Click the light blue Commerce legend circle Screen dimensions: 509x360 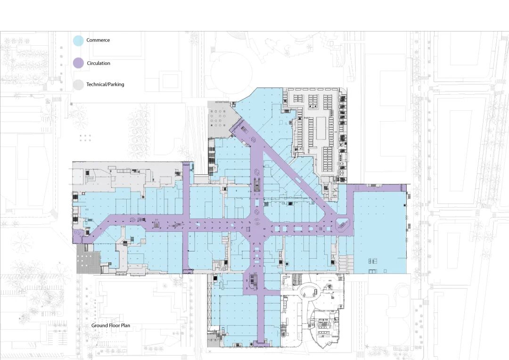click(x=78, y=41)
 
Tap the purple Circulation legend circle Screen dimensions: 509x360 click(x=78, y=63)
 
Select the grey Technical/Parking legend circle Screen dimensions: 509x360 click(x=78, y=85)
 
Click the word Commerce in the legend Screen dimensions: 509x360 click(x=98, y=40)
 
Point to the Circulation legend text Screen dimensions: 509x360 click(x=99, y=63)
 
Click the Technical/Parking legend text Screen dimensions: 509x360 click(x=105, y=84)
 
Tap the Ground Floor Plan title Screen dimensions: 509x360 click(x=111, y=325)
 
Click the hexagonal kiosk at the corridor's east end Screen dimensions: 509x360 click(x=342, y=224)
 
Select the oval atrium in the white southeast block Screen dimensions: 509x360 click(x=308, y=290)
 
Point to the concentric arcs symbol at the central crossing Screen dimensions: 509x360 click(x=257, y=223)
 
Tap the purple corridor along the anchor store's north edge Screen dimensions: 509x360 click(x=377, y=188)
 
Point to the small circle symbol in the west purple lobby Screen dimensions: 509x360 click(x=78, y=233)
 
